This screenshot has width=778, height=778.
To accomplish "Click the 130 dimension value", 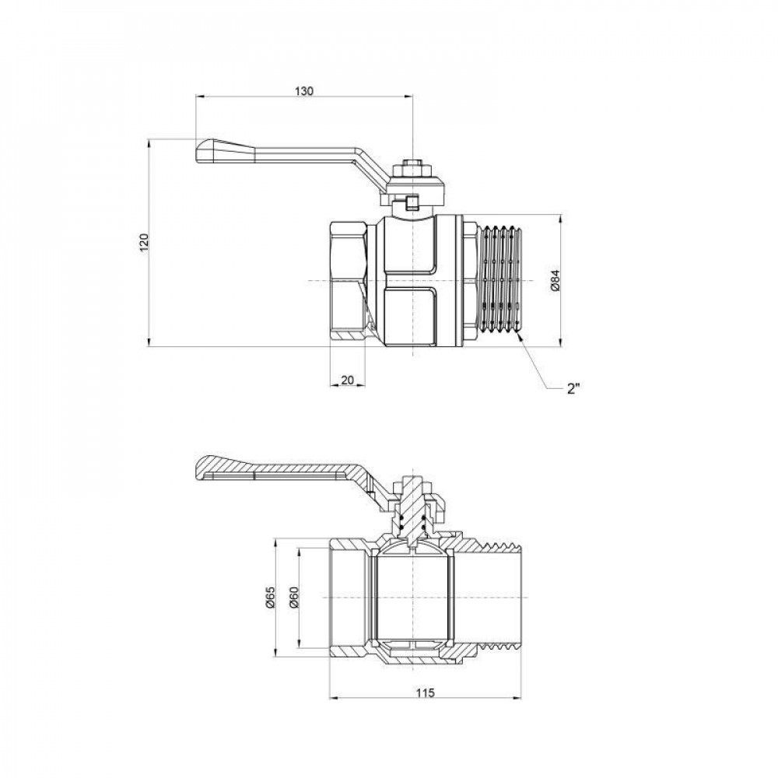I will (x=303, y=91).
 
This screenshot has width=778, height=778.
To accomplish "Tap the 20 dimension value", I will (x=348, y=380).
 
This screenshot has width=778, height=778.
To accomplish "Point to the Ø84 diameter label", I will (x=555, y=280).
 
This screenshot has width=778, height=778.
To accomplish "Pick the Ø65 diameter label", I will (x=269, y=597).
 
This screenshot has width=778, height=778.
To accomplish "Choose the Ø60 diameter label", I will (x=293, y=597).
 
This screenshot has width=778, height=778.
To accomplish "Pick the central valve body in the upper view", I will (x=412, y=280).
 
